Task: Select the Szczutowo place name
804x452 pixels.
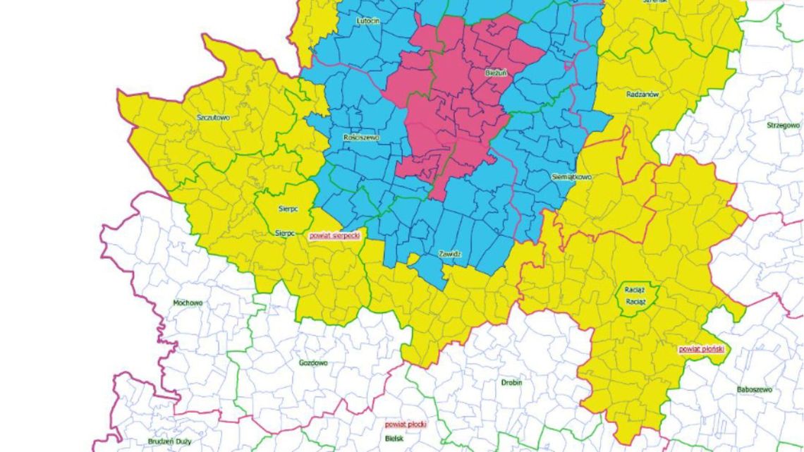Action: [213, 118]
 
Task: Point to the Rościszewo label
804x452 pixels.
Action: [360, 138]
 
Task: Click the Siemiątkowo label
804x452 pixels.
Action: [572, 177]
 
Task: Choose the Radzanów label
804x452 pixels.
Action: [642, 94]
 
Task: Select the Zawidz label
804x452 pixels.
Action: [449, 253]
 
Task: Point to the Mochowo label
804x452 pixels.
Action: [188, 303]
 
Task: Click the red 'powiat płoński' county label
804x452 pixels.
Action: [701, 348]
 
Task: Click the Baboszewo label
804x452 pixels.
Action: [754, 389]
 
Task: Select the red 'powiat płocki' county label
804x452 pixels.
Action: [406, 424]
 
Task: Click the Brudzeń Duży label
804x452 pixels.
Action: [169, 441]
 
